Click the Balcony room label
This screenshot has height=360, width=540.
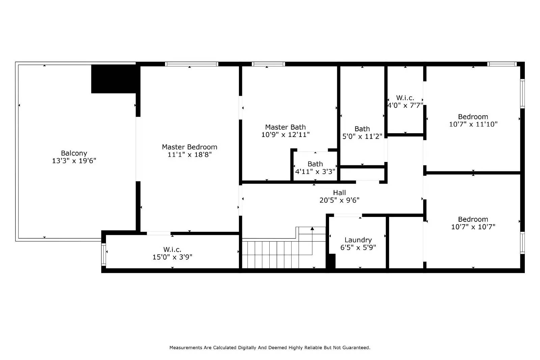click(74, 153)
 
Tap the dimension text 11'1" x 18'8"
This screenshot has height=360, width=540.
click(189, 155)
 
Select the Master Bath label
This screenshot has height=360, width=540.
click(285, 127)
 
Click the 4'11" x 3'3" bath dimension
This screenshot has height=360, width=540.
click(315, 171)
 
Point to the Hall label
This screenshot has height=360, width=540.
click(339, 193)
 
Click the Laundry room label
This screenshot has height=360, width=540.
click(358, 240)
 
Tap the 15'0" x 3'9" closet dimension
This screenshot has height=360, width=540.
click(172, 257)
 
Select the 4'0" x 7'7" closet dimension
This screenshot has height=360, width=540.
click(405, 105)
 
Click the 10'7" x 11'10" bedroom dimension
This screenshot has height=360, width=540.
click(473, 124)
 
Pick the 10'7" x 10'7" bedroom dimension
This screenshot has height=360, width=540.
click(473, 227)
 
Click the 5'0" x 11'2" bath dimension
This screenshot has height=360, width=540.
click(362, 136)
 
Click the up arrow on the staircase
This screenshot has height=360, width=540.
click(312, 229)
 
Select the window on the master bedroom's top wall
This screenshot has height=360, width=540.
click(191, 64)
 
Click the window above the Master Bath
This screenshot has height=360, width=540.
click(268, 64)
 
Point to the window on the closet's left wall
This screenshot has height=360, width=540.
click(104, 254)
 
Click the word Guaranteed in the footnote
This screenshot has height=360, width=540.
click(356, 348)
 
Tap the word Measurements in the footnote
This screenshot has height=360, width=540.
click(186, 348)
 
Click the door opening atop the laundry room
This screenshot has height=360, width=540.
click(348, 215)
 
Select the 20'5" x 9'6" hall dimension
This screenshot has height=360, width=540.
click(339, 200)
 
